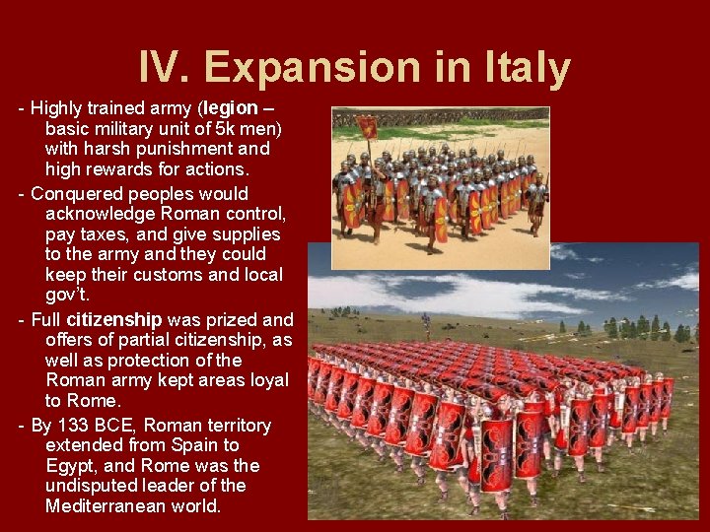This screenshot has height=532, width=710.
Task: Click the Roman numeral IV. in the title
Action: (x=166, y=68)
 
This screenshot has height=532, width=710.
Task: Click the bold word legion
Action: (x=232, y=107)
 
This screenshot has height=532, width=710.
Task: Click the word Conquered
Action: (x=79, y=193)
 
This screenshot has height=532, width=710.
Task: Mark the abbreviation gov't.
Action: (x=67, y=295)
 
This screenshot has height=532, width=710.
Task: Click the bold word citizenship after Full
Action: (x=114, y=319)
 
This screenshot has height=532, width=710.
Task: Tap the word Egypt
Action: (x=70, y=466)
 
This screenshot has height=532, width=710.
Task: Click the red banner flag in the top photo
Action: (x=368, y=126)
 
